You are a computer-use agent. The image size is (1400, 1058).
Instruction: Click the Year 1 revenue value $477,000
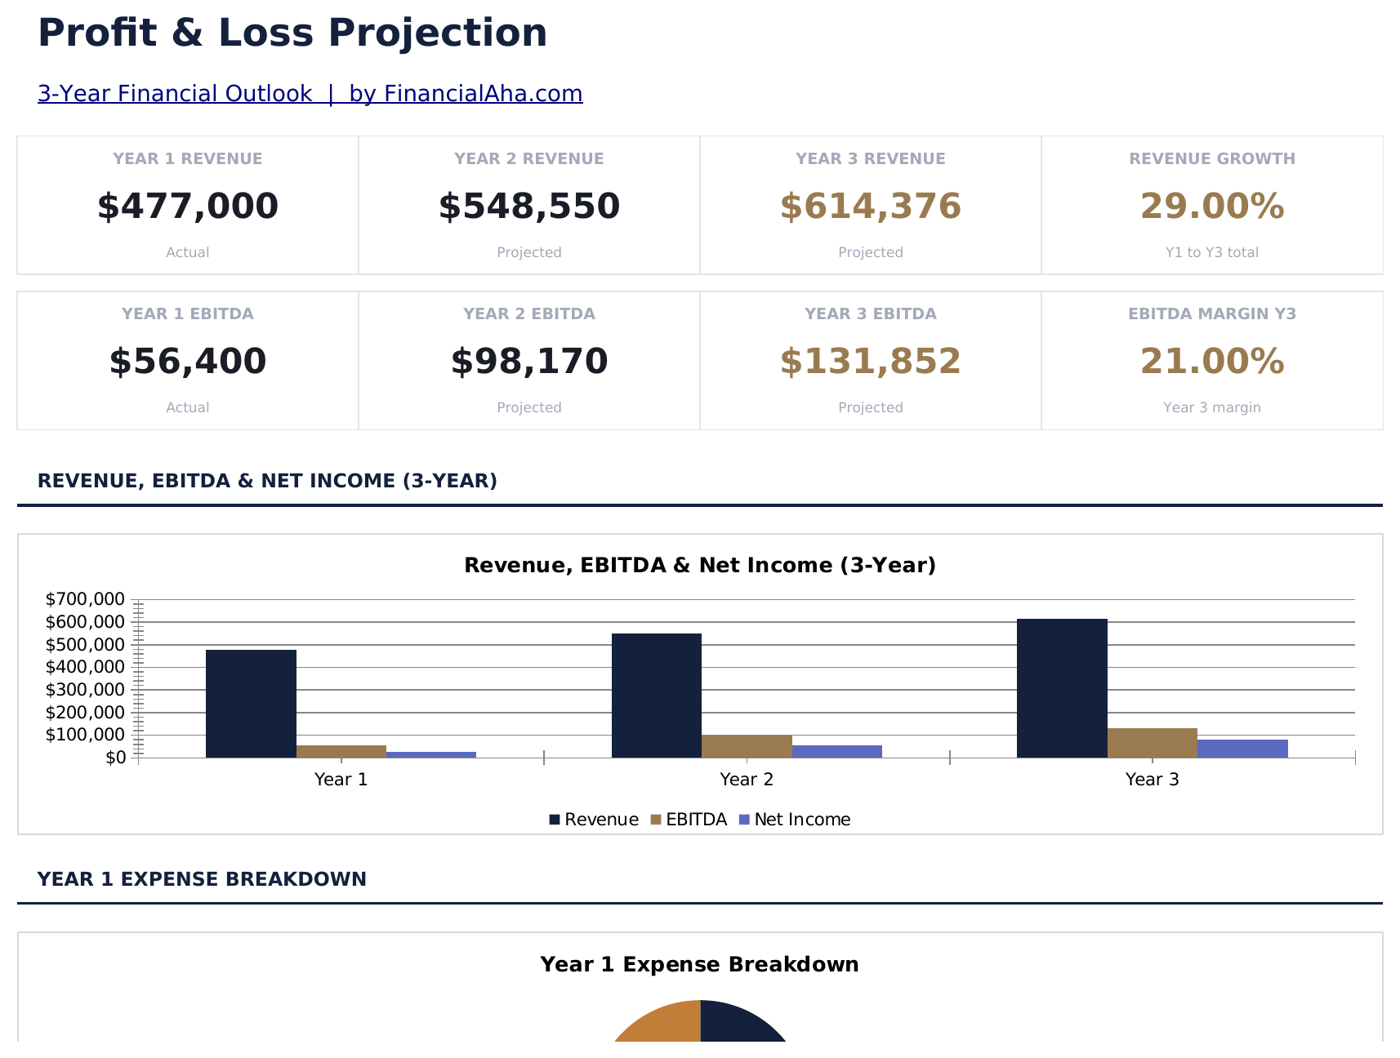[188, 206]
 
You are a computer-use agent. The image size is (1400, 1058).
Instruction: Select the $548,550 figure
[529, 206]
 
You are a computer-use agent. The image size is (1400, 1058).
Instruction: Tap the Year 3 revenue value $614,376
[871, 206]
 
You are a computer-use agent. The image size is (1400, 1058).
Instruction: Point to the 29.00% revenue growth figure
[1212, 206]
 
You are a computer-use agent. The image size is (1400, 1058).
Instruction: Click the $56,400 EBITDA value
[188, 361]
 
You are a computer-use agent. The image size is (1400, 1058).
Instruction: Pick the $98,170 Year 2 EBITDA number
[529, 361]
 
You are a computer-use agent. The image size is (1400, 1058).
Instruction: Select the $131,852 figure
[871, 361]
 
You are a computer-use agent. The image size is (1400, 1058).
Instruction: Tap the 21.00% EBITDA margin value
[1212, 361]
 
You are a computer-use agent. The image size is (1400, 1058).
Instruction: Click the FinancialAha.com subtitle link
[310, 94]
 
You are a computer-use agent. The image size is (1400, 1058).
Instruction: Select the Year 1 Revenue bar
[251, 704]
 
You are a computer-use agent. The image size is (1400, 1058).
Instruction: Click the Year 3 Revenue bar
[1062, 688]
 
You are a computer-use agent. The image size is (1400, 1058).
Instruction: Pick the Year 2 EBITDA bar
[747, 746]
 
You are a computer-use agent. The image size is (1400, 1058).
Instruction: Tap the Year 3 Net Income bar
[1242, 749]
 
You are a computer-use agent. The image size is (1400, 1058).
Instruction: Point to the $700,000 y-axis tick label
[86, 599]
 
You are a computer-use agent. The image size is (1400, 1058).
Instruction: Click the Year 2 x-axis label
[747, 780]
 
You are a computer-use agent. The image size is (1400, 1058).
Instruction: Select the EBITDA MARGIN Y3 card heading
[1212, 314]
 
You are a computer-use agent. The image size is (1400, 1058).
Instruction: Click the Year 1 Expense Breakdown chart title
[699, 965]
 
